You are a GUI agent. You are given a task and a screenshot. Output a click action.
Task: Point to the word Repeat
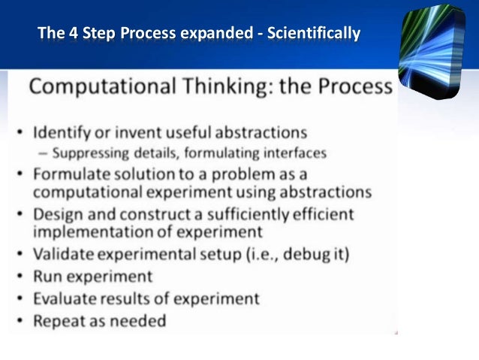[59, 321]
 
